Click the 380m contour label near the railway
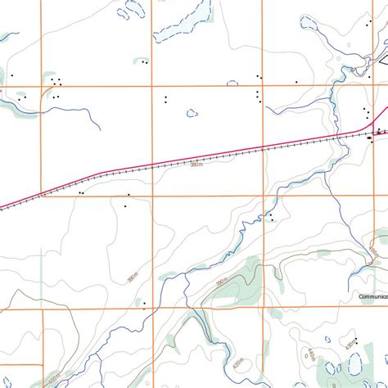(x=196, y=165)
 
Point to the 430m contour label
(x=350, y=347)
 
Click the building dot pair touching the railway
(x=81, y=193)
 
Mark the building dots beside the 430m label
(x=355, y=340)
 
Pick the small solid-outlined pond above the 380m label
(x=192, y=113)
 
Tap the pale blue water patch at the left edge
(x=8, y=37)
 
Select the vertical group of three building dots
(x=259, y=96)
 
